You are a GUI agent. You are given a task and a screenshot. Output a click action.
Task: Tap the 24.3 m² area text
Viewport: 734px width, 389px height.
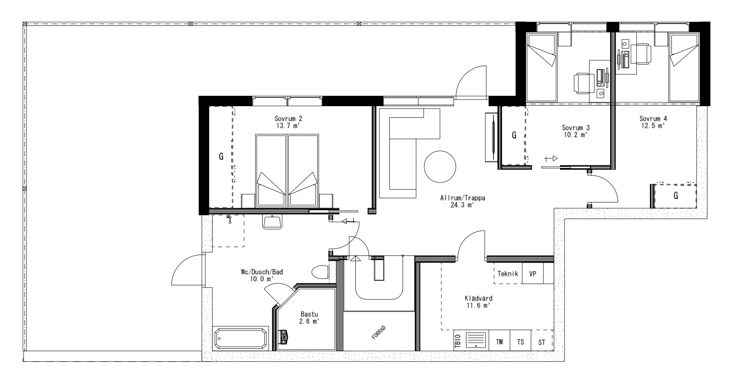pyautogui.click(x=462, y=205)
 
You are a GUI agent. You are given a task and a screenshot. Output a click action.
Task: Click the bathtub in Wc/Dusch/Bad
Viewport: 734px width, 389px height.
pyautogui.click(x=241, y=339)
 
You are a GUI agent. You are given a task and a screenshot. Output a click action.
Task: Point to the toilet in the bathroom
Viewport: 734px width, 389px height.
pyautogui.click(x=320, y=272)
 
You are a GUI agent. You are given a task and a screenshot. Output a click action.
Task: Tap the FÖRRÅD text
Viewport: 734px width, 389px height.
pyautogui.click(x=379, y=333)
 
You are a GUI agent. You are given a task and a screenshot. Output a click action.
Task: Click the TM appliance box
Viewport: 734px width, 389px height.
pyautogui.click(x=500, y=342)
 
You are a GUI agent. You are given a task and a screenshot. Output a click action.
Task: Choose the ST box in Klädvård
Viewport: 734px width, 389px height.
pyautogui.click(x=542, y=343)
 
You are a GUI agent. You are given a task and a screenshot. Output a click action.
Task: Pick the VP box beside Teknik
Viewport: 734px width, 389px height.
pyautogui.click(x=533, y=274)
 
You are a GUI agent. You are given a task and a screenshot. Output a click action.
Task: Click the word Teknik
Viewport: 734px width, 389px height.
pyautogui.click(x=508, y=274)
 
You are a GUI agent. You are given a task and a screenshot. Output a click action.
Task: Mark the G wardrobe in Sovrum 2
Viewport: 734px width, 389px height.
pyautogui.click(x=221, y=157)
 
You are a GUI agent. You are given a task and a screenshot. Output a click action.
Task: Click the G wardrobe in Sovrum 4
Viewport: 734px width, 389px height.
pyautogui.click(x=676, y=196)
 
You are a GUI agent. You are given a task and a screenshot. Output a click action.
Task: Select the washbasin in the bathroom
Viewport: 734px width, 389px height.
pyautogui.click(x=272, y=222)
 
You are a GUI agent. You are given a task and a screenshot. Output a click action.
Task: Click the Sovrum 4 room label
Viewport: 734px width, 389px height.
pyautogui.click(x=653, y=118)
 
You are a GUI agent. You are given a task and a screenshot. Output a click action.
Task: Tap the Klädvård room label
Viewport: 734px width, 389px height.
pyautogui.click(x=478, y=298)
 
